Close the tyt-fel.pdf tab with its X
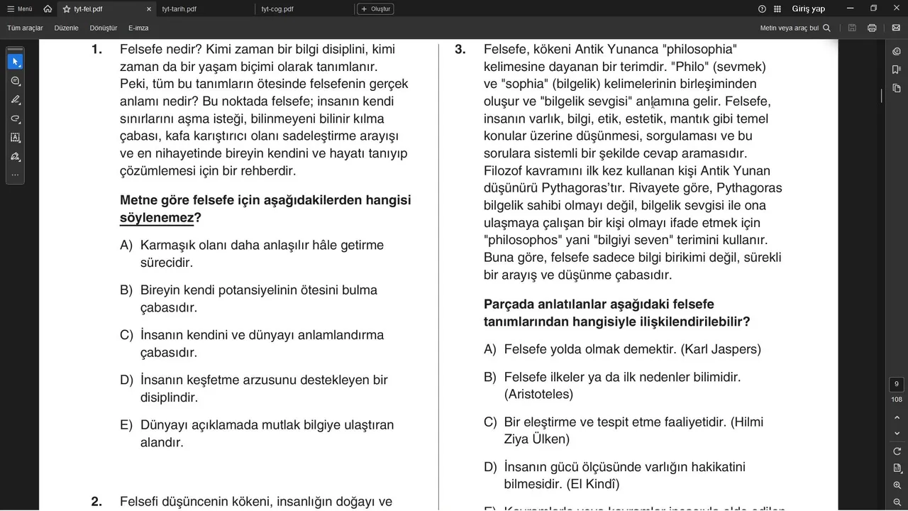(148, 9)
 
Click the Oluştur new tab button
(375, 9)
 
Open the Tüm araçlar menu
(25, 28)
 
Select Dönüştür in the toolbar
(104, 28)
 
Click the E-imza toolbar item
(138, 28)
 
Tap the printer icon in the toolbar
(872, 28)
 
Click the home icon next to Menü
(48, 9)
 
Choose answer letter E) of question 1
(126, 425)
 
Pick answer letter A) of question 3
(489, 349)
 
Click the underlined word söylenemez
(157, 218)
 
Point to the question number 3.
(460, 50)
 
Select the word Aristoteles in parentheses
(538, 394)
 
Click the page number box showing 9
(897, 384)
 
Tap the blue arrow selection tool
(15, 62)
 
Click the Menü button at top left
(20, 9)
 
